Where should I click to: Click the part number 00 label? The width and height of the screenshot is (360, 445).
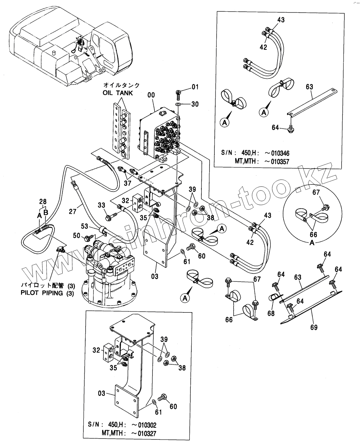151,95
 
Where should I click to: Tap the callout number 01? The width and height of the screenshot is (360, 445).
195,87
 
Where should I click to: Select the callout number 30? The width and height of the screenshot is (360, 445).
195,104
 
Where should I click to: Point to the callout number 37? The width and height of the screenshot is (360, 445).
127,183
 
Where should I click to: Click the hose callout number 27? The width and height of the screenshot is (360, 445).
73,212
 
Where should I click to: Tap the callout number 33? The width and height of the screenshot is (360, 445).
102,205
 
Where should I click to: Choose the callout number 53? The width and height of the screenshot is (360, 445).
84,226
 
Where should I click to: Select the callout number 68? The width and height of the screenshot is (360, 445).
270,313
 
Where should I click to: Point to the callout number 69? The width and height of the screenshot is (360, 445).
314,327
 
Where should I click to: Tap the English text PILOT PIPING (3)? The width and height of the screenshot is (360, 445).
48,294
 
